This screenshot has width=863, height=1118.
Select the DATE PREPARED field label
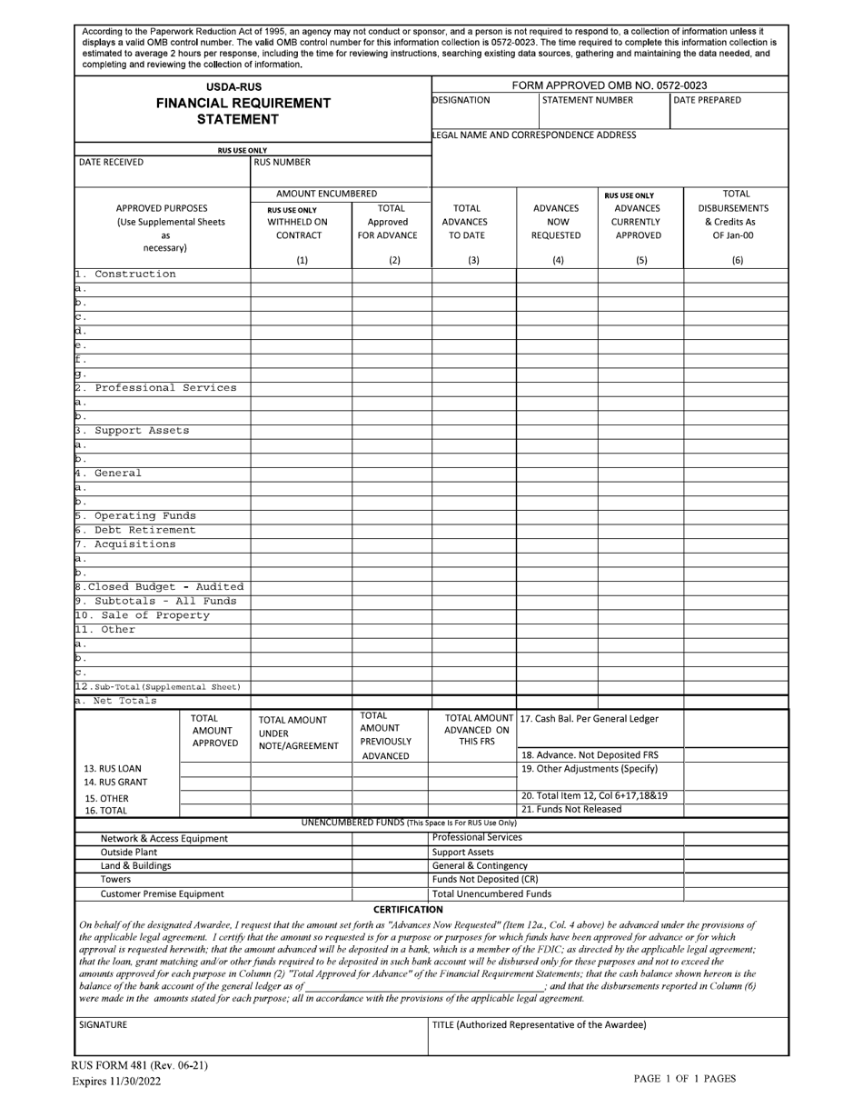pyautogui.click(x=707, y=100)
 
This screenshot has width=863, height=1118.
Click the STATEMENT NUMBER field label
pyautogui.click(x=587, y=100)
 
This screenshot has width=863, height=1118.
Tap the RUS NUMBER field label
pyautogui.click(x=283, y=163)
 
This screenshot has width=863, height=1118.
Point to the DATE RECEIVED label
pyautogui.click(x=111, y=163)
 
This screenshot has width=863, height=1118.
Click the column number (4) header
pyautogui.click(x=557, y=260)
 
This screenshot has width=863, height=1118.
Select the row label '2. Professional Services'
pyautogui.click(x=155, y=388)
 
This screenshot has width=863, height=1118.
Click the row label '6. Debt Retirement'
pyautogui.click(x=135, y=530)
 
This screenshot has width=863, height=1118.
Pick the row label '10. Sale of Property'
pyautogui.click(x=143, y=615)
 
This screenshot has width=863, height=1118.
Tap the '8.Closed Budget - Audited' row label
pyautogui.click(x=159, y=587)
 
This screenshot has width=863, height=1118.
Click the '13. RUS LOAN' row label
pyautogui.click(x=113, y=769)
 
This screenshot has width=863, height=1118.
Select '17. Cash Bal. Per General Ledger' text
pyautogui.click(x=589, y=719)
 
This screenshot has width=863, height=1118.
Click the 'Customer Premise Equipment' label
pyautogui.click(x=162, y=893)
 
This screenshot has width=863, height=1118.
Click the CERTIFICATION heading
pyautogui.click(x=408, y=909)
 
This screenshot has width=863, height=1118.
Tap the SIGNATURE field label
pyautogui.click(x=103, y=1024)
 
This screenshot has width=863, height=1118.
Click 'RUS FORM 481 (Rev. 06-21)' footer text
pyautogui.click(x=140, y=1065)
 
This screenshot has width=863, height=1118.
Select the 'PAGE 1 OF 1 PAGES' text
pyautogui.click(x=684, y=1079)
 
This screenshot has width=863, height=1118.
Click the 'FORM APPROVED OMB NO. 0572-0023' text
pyautogui.click(x=610, y=85)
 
